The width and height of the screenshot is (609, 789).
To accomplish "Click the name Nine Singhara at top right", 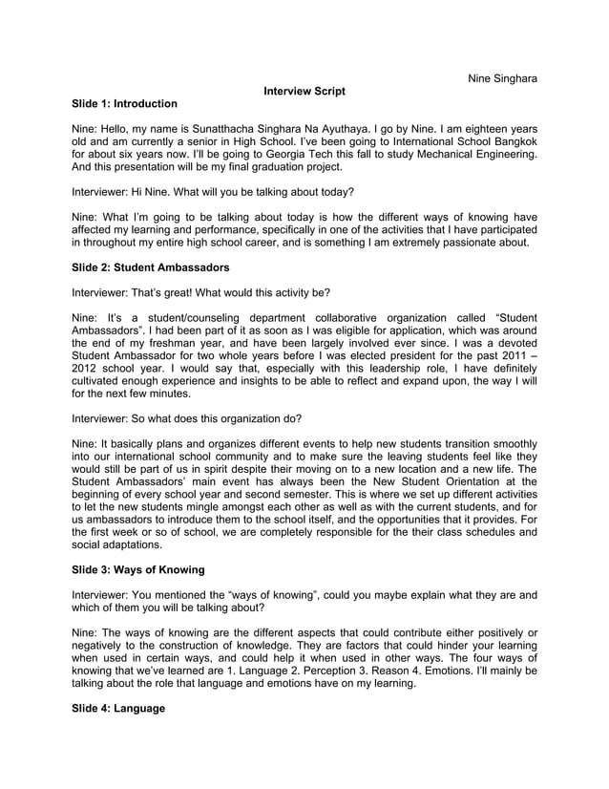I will pos(502,77).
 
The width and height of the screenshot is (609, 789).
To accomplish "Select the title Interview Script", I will pos(304,90).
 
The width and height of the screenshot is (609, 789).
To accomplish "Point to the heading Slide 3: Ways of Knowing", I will pos(138,569).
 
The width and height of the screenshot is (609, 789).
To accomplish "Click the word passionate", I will pos(481,243).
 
